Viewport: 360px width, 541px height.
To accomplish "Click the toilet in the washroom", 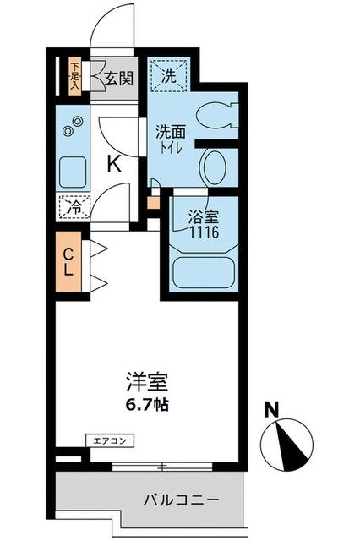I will (220, 116).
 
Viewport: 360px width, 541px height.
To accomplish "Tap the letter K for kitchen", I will (113, 165).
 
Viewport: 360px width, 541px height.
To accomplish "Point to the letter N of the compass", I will (271, 412).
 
